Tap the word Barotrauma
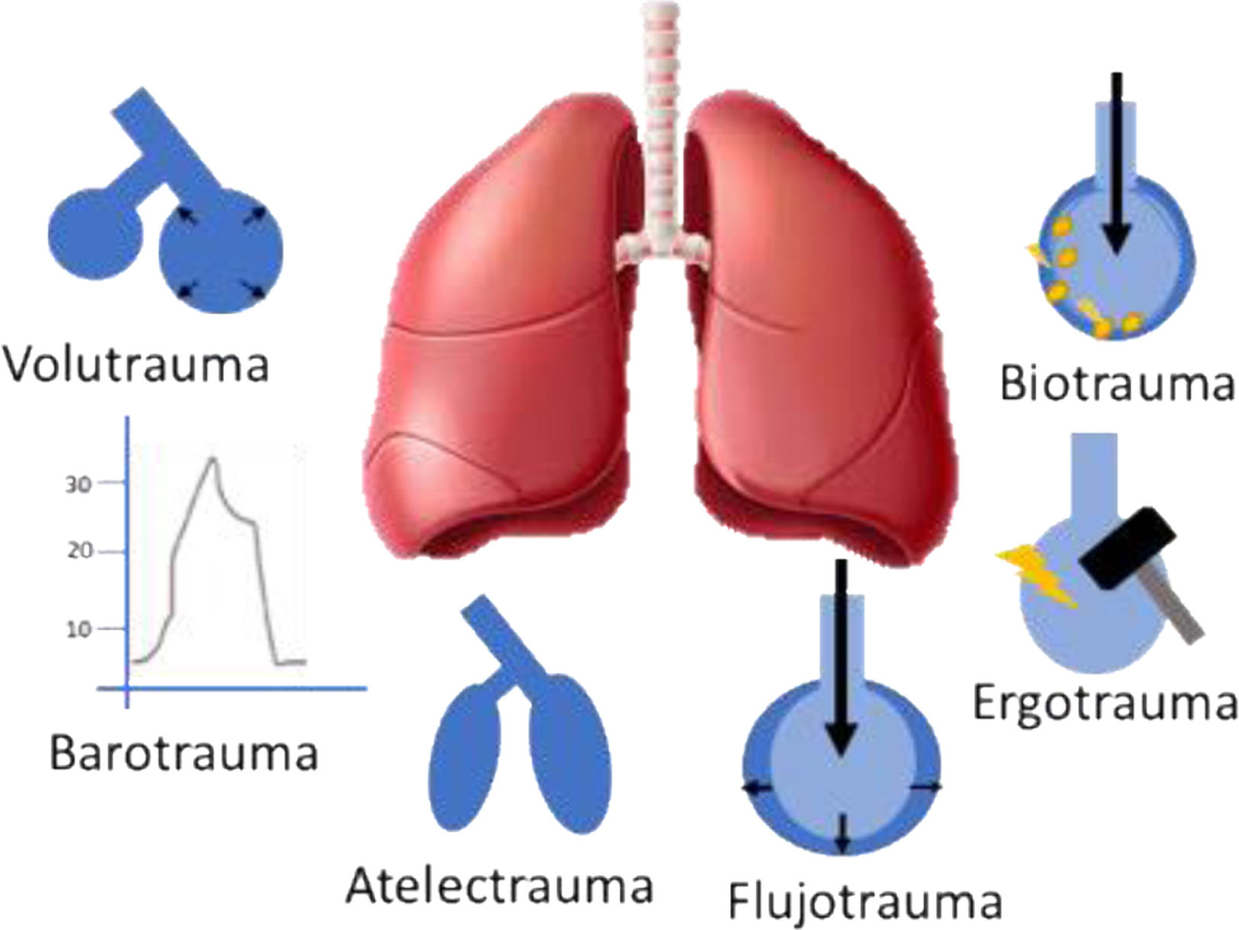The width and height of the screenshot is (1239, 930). (x=184, y=752)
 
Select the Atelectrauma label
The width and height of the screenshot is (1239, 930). (x=499, y=887)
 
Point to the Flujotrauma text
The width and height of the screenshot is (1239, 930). (x=864, y=901)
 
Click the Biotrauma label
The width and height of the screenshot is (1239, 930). (x=1116, y=383)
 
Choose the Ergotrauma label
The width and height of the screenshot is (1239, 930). (x=1105, y=704)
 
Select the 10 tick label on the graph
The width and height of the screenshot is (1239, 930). (x=79, y=629)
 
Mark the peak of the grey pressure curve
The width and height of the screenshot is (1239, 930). (x=213, y=458)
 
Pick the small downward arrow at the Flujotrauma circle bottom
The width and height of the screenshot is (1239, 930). (x=842, y=835)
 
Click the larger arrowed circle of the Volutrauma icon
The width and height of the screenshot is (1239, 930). (x=221, y=252)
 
